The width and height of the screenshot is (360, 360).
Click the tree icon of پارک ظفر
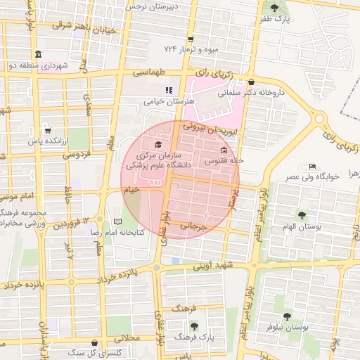pos(274,8)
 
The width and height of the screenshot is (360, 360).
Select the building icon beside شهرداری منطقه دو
pos(37,55)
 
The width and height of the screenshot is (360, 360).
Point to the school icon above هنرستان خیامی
pos(168,90)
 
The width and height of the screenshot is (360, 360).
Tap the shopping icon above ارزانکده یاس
pos(47,130)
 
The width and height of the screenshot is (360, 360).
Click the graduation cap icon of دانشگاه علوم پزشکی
pos(157,144)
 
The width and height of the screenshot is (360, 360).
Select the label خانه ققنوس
pos(224,160)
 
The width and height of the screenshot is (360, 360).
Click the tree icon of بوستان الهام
pos(302,214)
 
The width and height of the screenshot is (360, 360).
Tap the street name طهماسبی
pos(151,72)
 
